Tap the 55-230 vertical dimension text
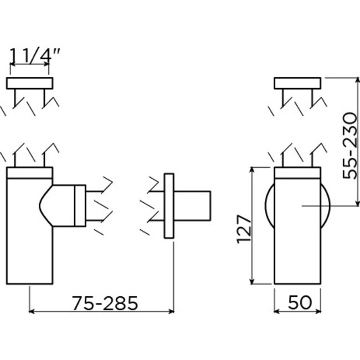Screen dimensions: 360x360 (351, 145)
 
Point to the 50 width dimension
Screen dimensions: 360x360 (299, 302)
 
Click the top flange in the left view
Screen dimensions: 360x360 (30, 84)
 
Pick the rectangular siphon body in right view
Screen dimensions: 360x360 (298, 244)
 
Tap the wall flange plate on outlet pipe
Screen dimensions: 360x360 (169, 206)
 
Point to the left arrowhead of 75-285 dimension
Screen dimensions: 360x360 (32, 311)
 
